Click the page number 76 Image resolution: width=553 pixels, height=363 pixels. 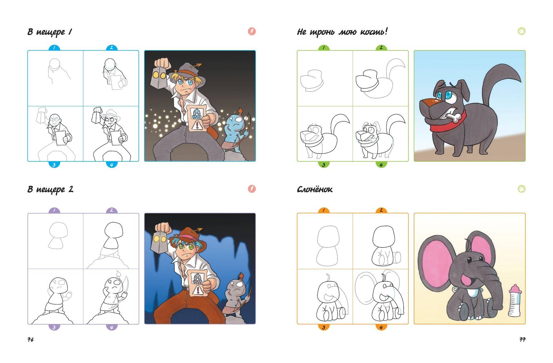(30, 339)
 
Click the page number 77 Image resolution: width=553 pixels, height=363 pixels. (522, 339)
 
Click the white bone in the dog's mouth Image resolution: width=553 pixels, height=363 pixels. (455, 117)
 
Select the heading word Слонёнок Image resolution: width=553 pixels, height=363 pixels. (314, 189)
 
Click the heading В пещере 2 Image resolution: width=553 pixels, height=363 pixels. (50, 189)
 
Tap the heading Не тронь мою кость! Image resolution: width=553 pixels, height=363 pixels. (342, 32)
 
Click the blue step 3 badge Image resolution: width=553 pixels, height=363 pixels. (54, 165)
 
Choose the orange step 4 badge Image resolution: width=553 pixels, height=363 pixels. (381, 327)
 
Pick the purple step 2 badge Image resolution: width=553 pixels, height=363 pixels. (112, 210)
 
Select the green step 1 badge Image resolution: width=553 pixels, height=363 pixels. (323, 47)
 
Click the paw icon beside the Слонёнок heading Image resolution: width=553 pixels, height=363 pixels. (521, 189)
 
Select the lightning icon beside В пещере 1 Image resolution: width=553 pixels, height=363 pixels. (252, 31)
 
